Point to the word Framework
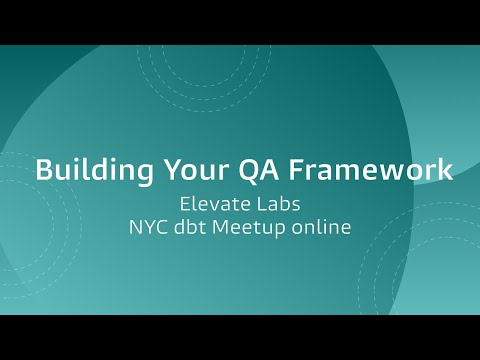363,168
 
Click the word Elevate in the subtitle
212,203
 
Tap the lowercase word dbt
195,227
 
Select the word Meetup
256,227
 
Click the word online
325,227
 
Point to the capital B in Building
42,168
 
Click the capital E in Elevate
184,203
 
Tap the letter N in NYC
135,227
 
